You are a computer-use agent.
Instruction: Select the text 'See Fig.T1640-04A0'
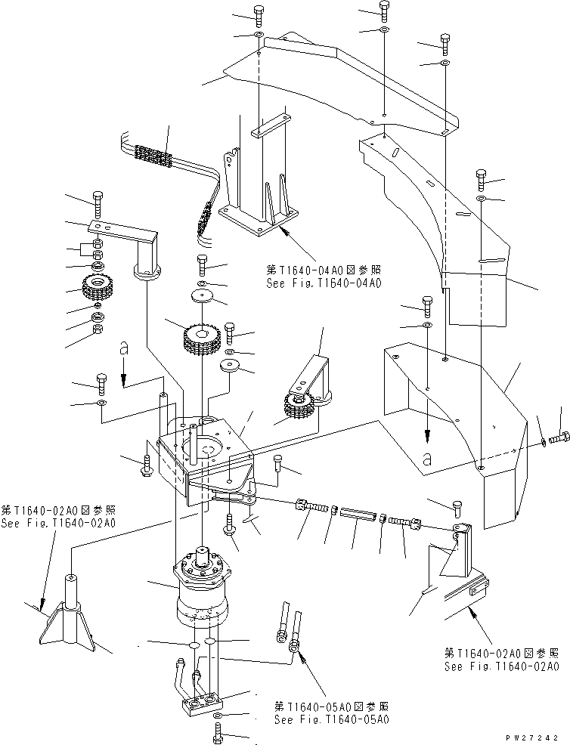click(x=323, y=284)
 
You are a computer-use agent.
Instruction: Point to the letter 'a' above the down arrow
click(x=125, y=349)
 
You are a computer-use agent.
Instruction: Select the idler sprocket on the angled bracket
click(x=299, y=407)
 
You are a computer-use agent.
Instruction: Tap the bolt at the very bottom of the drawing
click(x=217, y=733)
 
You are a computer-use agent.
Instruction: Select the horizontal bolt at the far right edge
click(x=559, y=437)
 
